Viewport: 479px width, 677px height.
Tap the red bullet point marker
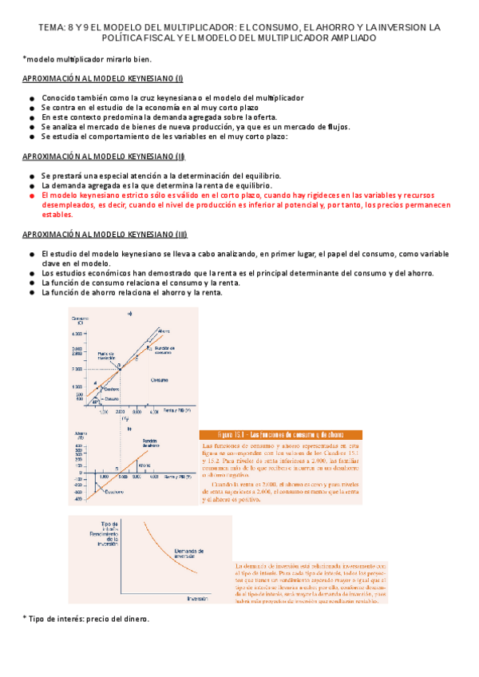(30, 195)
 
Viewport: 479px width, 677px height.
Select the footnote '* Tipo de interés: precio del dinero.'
(86, 619)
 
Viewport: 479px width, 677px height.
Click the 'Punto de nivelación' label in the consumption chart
(106, 356)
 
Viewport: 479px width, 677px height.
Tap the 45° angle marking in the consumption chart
(96, 402)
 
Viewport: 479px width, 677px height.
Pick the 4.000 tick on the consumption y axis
(77, 334)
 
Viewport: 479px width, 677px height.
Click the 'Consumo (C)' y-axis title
(79, 320)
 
